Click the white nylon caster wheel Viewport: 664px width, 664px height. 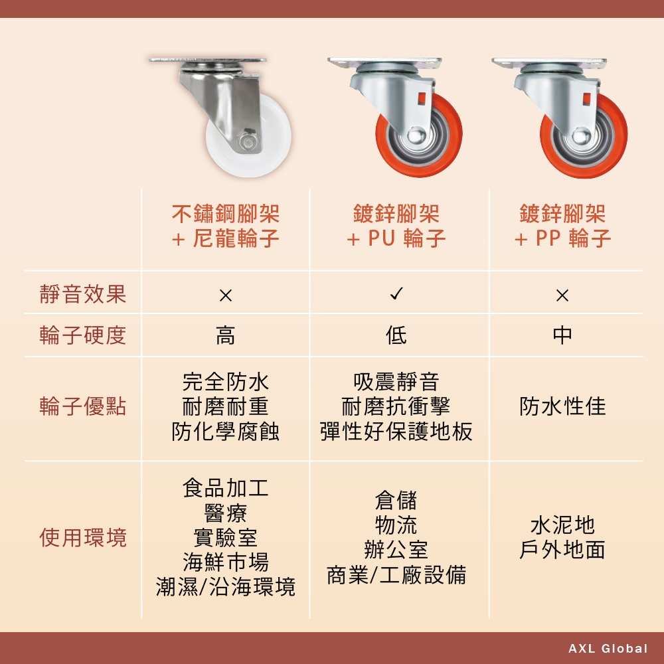(271, 139)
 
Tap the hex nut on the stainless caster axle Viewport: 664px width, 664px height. (245, 139)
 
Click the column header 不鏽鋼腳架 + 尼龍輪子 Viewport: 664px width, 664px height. (225, 226)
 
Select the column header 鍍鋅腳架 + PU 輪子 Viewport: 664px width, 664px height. (396, 226)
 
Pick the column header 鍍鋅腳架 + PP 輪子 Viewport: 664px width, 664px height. (562, 226)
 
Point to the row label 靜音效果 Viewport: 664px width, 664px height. (83, 294)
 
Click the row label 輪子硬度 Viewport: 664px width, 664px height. (83, 335)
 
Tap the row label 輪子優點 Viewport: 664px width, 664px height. (83, 406)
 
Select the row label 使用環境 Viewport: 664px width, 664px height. (83, 538)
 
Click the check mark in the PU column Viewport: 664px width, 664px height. (396, 293)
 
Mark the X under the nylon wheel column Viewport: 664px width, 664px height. (226, 295)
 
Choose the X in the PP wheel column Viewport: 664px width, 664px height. (562, 295)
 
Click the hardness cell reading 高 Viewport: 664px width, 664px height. (225, 335)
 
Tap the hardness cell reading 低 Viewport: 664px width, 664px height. (396, 335)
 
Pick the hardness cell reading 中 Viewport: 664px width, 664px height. (562, 335)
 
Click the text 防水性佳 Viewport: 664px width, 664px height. (562, 406)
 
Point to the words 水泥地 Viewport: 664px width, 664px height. (562, 525)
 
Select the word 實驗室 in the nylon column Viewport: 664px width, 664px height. (225, 537)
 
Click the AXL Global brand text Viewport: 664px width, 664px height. (608, 648)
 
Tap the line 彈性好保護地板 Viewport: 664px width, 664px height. (396, 432)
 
